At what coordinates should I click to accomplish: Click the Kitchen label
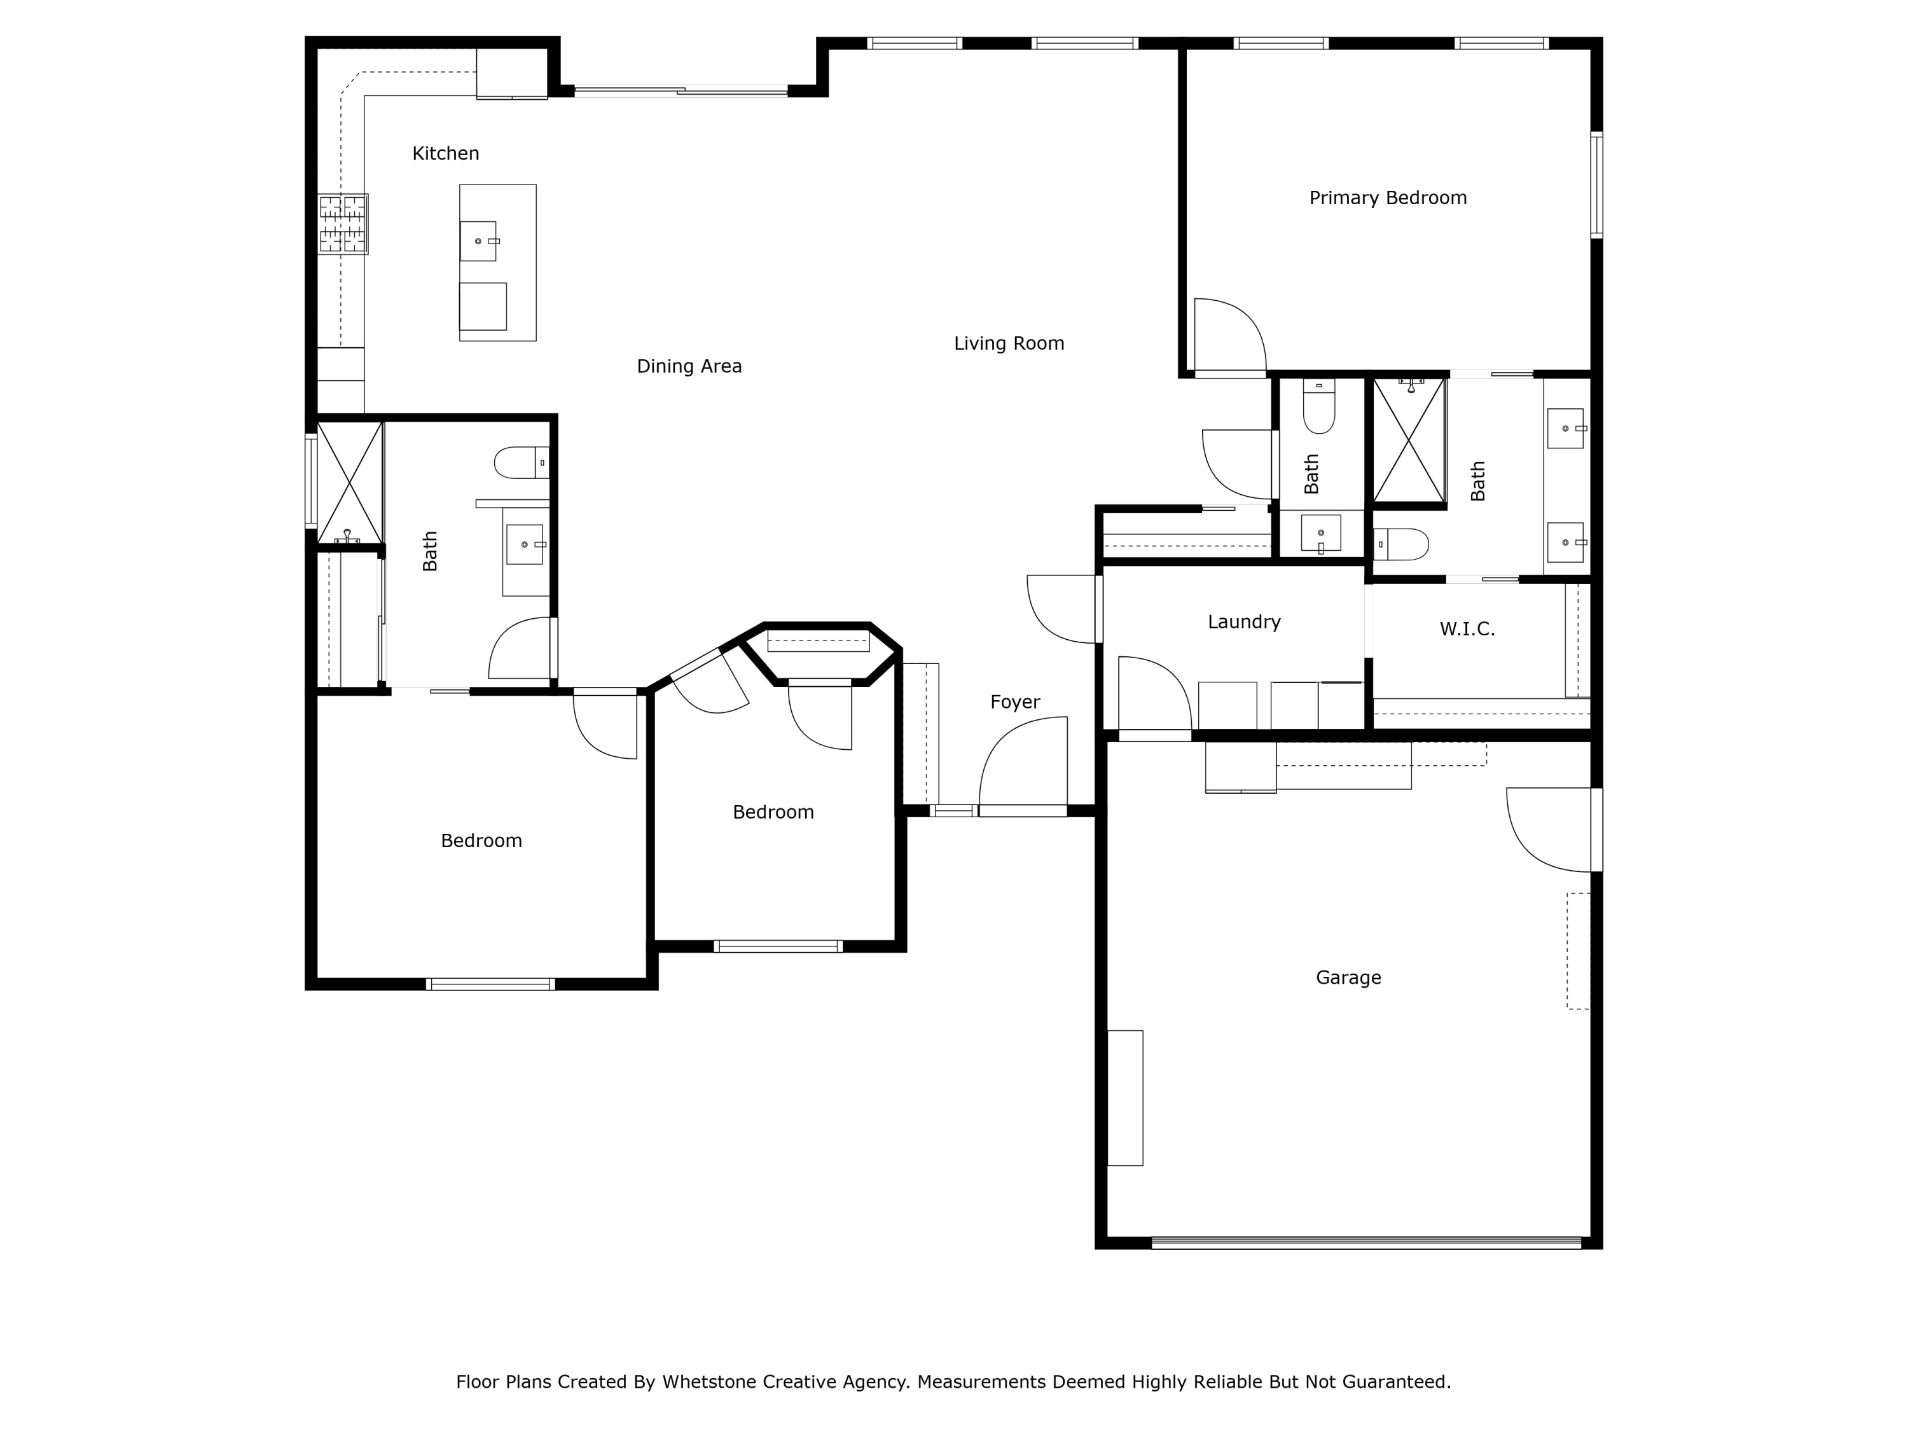[445, 153]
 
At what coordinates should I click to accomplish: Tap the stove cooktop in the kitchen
[342, 223]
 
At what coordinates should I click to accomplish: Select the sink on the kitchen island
[478, 240]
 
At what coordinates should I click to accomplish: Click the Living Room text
[1008, 343]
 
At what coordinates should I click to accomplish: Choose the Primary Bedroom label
[1387, 198]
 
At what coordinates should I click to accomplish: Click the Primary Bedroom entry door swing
[1228, 336]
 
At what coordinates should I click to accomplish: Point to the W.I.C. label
[1467, 630]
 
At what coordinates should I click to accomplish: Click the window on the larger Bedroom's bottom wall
[490, 984]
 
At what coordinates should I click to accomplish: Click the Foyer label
[1014, 702]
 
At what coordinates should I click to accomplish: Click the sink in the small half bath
[1320, 533]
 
